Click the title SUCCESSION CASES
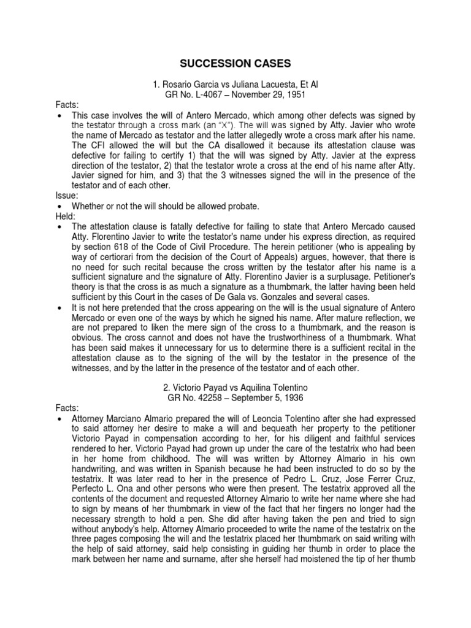pos(235,63)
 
